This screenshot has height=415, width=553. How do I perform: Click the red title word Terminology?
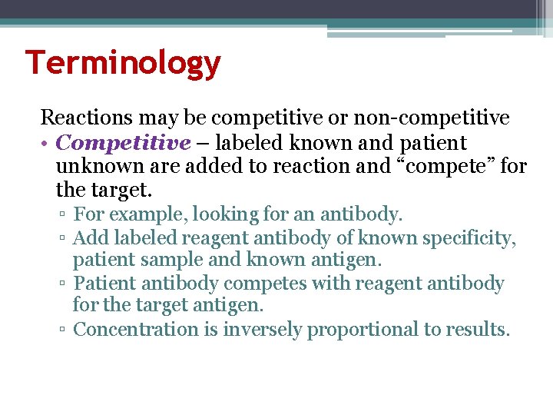coord(123,62)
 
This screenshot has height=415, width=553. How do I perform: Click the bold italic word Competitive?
coord(123,143)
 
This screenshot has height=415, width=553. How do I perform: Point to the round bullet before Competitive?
coord(46,144)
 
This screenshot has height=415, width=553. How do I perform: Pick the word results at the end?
coord(479,330)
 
